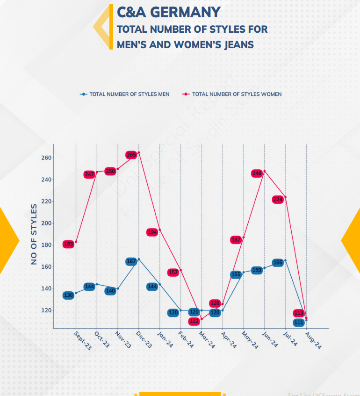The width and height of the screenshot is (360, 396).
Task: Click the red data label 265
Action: [131, 155]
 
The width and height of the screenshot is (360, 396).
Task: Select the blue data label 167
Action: [131, 261]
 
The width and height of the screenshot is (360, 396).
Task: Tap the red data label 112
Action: [194, 321]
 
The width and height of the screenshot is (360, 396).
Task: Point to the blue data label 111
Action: [299, 323]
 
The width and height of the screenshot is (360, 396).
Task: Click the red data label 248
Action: [257, 173]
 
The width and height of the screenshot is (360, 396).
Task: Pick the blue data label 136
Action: [68, 295]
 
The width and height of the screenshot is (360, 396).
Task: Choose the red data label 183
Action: [68, 244]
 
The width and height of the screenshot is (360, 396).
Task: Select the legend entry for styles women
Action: [237, 94]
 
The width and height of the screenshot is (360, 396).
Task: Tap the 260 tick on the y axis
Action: [45, 158]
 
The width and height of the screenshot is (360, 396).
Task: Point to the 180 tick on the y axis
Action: [45, 245]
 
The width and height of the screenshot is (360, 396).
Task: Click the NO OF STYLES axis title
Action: [34, 234]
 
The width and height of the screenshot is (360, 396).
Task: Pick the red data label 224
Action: [278, 199]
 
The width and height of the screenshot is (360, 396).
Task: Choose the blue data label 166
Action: [278, 263]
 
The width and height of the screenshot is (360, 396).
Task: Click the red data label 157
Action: [173, 273]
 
